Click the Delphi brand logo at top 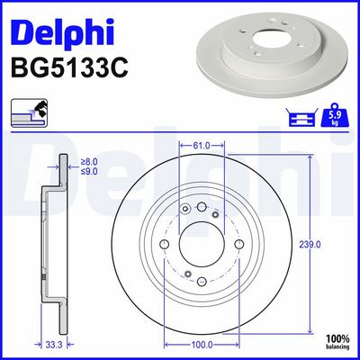click(62, 31)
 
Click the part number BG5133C click(69, 68)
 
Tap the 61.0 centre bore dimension click(202, 146)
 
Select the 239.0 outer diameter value click(310, 245)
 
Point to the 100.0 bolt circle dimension click(202, 345)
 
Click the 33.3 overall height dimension click(55, 345)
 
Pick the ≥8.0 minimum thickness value click(89, 162)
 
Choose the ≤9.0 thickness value click(89, 171)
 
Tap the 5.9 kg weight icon click(335, 114)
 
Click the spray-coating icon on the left click(29, 112)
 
